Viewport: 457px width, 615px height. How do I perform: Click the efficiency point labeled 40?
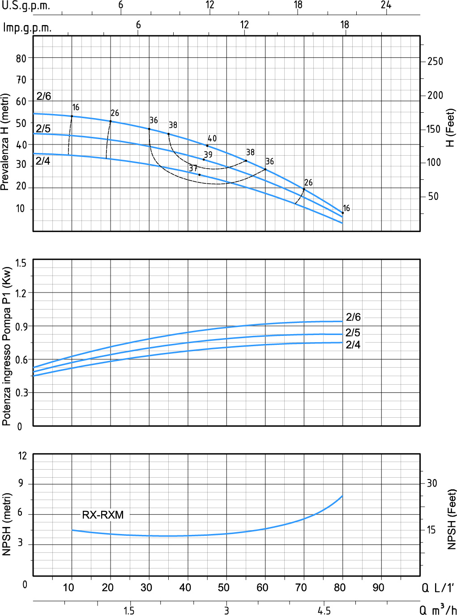207,145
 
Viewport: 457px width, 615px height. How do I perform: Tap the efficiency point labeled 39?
204,159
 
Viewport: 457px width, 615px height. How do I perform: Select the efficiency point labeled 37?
199,174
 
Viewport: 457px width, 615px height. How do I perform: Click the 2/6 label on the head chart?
44,96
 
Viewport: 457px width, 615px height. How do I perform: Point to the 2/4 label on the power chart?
353,345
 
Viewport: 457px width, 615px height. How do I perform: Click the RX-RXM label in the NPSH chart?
103,515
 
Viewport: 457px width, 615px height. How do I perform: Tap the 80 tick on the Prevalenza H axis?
21,58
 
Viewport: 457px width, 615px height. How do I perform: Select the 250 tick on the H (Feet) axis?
435,61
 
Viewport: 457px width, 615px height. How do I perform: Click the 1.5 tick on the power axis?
21,263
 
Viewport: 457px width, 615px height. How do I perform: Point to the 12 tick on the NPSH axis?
22,456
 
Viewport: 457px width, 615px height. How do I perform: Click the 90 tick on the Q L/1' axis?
379,587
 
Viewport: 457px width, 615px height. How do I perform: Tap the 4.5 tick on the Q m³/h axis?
324,611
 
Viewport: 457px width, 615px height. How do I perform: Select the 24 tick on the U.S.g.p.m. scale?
386,5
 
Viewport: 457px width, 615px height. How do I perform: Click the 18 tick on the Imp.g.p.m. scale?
344,25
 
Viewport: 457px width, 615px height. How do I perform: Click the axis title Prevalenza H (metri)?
5,142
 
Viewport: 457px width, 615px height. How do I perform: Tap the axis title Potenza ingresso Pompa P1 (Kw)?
6,346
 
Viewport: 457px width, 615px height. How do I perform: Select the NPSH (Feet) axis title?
452,519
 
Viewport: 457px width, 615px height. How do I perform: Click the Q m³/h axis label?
438,610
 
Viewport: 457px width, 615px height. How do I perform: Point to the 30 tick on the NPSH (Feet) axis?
432,483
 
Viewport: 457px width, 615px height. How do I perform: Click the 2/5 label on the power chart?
353,333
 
